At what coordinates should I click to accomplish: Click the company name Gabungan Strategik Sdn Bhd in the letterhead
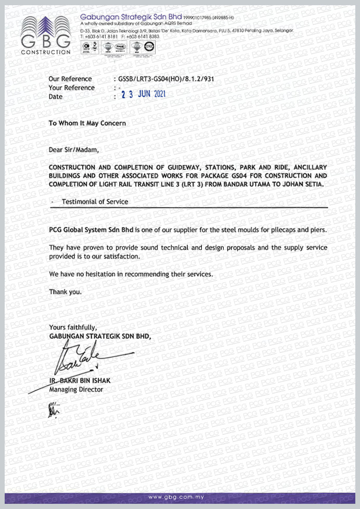(131, 17)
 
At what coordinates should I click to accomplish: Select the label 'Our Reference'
(70, 79)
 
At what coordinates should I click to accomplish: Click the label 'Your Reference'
(71, 88)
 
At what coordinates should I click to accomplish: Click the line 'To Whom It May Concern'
(87, 123)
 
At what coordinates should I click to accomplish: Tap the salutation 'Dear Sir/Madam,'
(73, 150)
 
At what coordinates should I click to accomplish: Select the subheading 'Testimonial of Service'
(95, 201)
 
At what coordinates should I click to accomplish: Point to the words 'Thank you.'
(65, 292)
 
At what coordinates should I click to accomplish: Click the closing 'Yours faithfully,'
(72, 327)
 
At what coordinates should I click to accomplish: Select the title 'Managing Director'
(76, 389)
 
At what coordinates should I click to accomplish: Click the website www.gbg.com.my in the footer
(179, 498)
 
